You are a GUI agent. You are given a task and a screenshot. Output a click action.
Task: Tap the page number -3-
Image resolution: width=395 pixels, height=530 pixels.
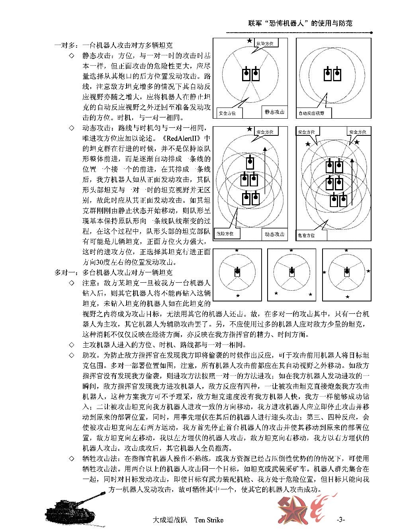[x=340, y=520]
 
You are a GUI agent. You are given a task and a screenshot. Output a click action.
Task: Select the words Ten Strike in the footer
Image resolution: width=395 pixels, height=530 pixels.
[x=209, y=520]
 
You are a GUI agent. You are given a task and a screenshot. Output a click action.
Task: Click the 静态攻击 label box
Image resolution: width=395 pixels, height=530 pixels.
[x=274, y=112]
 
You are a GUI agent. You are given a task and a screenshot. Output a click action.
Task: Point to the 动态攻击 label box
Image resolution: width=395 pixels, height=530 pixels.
[x=274, y=234]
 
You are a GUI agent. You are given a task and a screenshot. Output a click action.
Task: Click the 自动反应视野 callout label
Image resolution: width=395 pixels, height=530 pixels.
[x=311, y=113]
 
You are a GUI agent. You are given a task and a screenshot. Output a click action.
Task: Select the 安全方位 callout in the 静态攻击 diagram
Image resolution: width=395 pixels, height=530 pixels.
[x=227, y=113]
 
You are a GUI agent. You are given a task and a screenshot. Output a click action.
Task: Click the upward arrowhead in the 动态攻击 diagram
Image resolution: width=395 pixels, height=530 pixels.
[x=264, y=149]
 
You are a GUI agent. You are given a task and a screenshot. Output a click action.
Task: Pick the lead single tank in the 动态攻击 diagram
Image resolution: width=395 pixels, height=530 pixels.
[x=250, y=162]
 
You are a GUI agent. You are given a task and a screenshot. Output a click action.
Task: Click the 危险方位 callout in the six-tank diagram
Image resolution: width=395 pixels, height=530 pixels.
[x=306, y=235]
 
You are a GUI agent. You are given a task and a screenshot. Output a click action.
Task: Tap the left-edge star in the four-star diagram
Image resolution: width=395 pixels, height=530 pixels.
[x=324, y=272]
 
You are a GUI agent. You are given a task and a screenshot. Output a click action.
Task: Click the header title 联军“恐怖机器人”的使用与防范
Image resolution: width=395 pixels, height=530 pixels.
[x=298, y=23]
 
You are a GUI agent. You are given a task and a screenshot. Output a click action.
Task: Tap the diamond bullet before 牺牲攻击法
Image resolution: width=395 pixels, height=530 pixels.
[x=72, y=458]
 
